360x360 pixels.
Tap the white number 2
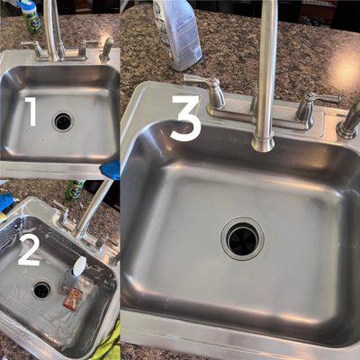pyautogui.click(x=29, y=251)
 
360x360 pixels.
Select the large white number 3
pyautogui.click(x=186, y=118)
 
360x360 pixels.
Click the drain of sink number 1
pyautogui.click(x=63, y=121)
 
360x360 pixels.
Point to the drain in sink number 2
pyautogui.click(x=42, y=290)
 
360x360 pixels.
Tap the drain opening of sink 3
pyautogui.click(x=242, y=238)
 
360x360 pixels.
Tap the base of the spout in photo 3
pyautogui.click(x=263, y=143)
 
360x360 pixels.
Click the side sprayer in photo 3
pyautogui.click(x=349, y=121)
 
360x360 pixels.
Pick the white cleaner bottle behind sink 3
pyautogui.click(x=177, y=33)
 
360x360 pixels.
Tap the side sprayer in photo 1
pyautogui.click(x=106, y=49)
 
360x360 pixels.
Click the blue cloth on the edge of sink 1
pyautogui.click(x=111, y=170)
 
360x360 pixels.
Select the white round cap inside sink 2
pyautogui.click(x=78, y=266)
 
